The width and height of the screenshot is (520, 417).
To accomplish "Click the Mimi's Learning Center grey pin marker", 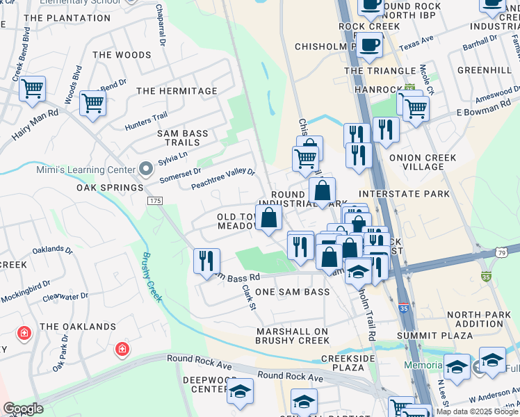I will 146,169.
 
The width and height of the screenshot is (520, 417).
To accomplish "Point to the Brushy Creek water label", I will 152,276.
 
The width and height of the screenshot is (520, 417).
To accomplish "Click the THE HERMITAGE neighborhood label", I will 172,91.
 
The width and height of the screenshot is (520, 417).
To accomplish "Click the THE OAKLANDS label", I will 78,327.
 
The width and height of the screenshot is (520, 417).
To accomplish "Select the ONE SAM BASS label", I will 292,293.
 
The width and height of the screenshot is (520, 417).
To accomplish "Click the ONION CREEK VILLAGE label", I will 423,163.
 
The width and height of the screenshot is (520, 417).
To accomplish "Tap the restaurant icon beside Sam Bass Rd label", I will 206,261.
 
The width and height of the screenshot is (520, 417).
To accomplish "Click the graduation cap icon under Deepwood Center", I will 241,391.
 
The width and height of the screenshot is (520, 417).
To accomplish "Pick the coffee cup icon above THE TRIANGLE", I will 370,45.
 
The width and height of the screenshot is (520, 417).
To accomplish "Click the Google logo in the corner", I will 23,409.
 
